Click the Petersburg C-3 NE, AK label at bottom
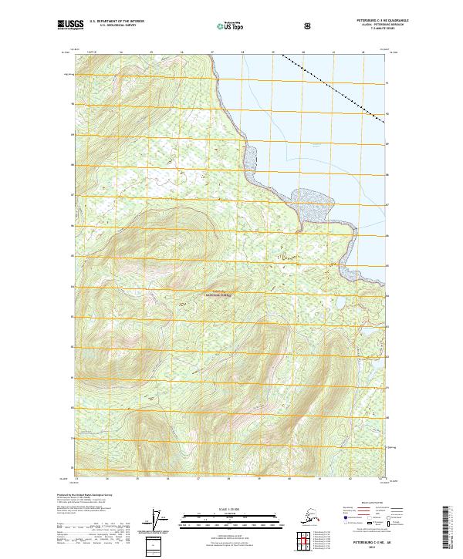tap(369, 541)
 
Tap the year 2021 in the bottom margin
tap(369, 547)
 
